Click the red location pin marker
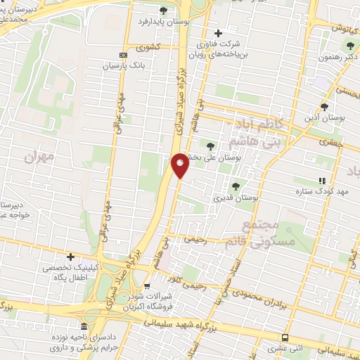tap(180, 165)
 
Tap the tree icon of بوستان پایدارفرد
tap(164, 10)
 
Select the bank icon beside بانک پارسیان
tap(124, 55)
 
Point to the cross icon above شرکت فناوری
tap(218, 33)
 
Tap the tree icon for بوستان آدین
tap(323, 106)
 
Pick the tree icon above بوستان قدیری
tap(236, 186)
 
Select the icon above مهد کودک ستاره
tap(322, 180)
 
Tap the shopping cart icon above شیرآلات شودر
tap(147, 286)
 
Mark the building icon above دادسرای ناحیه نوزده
tap(84, 327)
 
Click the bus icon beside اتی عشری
tap(284, 338)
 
